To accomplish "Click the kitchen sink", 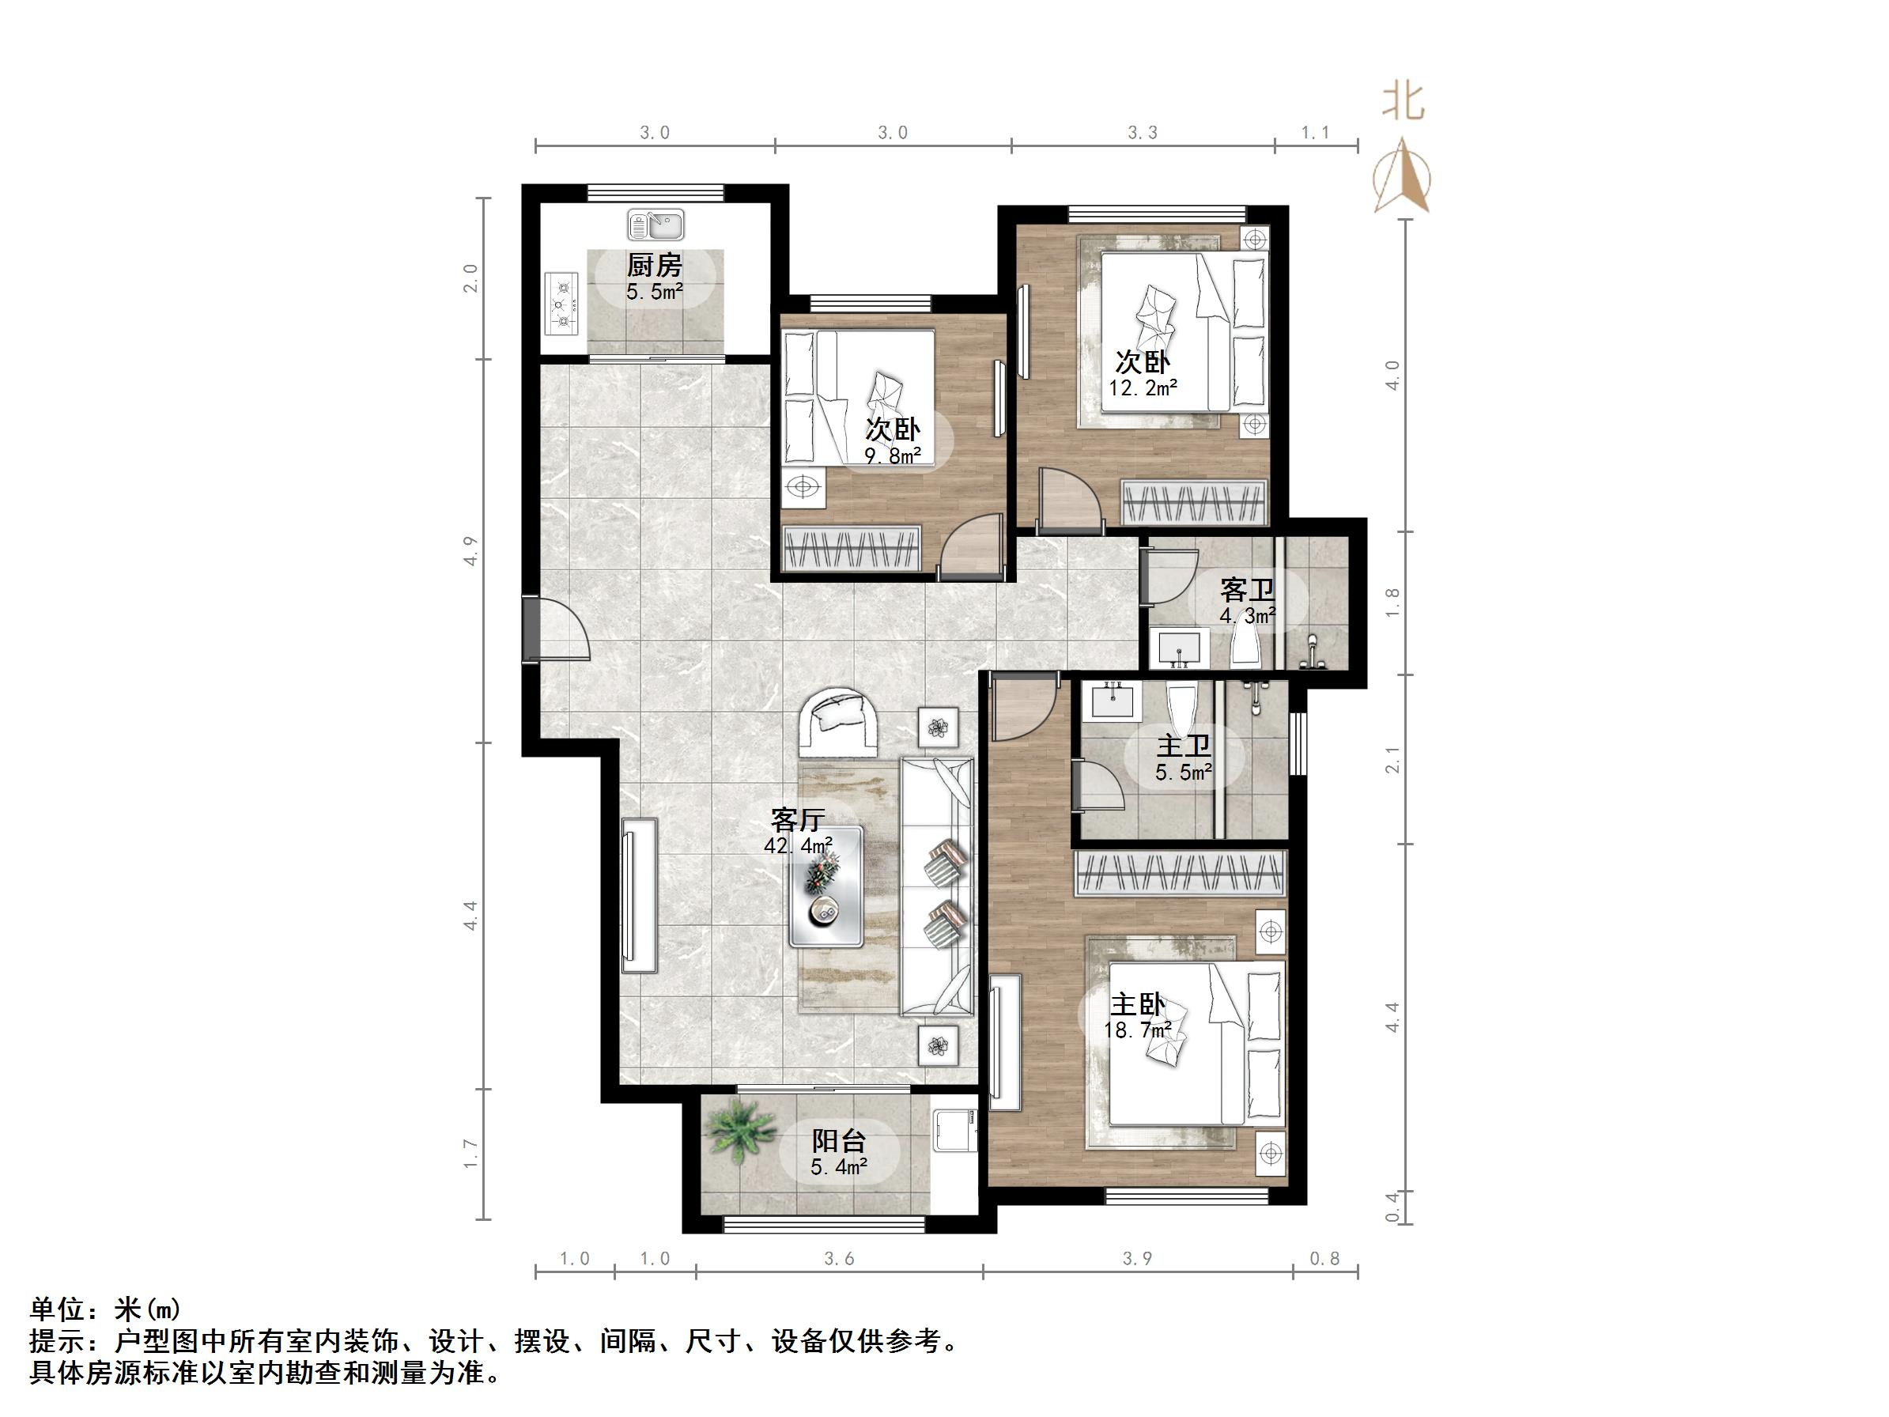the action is tap(655, 225).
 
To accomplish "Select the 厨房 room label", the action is tap(654, 265).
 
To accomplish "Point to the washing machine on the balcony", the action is tap(953, 1132).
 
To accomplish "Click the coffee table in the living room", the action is tap(825, 886).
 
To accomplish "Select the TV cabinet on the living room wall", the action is tap(640, 895).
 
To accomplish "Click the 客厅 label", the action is tap(798, 820).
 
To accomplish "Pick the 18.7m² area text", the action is tap(1138, 1031).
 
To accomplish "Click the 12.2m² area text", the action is tap(1143, 387).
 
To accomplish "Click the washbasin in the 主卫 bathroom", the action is tap(1113, 701).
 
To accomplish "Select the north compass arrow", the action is tap(1401, 178).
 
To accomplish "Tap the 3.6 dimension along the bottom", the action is tap(839, 1259).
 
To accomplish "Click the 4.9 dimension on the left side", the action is tap(470, 551).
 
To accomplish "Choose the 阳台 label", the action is tap(839, 1140).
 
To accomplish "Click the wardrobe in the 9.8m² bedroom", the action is tap(852, 546).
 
